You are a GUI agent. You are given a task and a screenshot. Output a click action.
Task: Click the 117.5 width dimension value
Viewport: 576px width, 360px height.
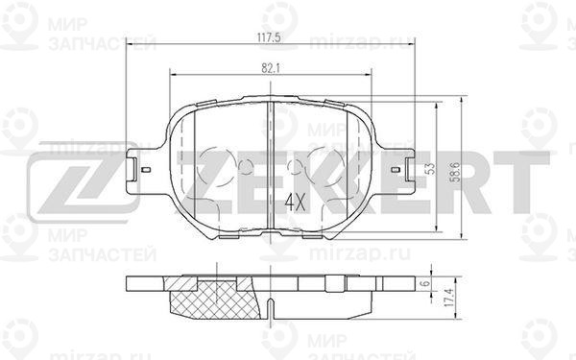click(x=270, y=37)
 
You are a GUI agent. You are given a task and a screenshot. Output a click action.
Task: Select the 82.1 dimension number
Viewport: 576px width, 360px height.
click(x=271, y=68)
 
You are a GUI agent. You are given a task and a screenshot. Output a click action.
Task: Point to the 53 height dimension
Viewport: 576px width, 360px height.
click(x=430, y=168)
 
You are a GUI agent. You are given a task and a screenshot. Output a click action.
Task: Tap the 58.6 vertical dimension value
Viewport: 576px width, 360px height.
click(x=456, y=172)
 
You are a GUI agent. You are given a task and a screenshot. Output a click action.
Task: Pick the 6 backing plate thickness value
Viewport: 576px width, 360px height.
click(x=425, y=283)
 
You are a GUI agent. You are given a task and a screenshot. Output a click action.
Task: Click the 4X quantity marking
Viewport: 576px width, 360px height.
click(x=295, y=203)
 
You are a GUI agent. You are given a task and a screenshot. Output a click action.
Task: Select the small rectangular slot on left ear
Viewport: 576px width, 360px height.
click(x=146, y=169)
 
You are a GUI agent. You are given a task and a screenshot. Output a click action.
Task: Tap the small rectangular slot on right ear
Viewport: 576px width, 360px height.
click(x=396, y=169)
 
